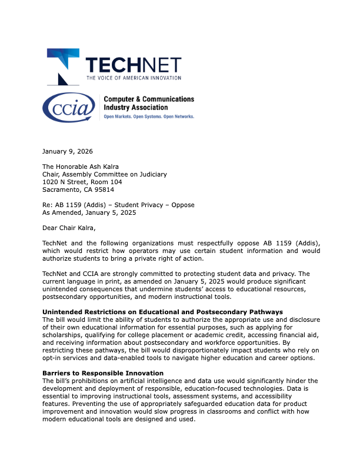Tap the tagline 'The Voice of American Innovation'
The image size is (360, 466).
[134, 78]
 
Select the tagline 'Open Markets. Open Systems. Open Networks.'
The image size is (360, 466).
[149, 116]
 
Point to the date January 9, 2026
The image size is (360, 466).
[67, 152]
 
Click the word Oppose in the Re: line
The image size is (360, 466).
[182, 205]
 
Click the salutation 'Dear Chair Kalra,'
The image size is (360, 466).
[69, 228]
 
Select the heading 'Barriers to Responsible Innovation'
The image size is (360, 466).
[103, 373]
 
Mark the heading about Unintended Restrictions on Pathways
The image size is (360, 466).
[162, 312]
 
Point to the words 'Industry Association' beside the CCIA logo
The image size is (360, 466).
[135, 108]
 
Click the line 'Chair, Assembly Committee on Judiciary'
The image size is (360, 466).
[105, 174]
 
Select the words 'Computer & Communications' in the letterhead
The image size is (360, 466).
[149, 99]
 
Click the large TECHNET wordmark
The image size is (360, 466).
[134, 65]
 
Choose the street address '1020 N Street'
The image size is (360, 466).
[66, 182]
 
